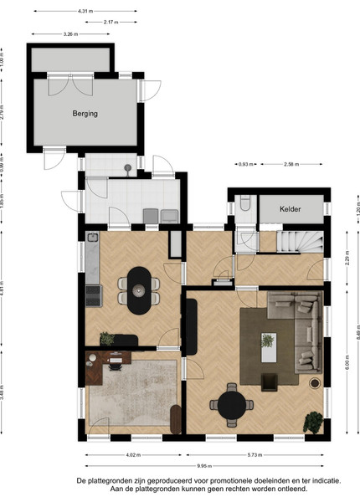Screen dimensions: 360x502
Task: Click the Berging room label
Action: [85, 113]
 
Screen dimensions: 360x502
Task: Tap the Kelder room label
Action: [291, 209]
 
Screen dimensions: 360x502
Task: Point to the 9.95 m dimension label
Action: [204, 466]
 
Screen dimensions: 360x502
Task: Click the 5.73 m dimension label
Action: [255, 454]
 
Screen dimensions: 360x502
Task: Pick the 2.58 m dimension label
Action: [291, 164]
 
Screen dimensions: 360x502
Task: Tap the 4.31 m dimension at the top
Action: [85, 11]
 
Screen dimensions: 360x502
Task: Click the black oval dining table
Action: [139, 290]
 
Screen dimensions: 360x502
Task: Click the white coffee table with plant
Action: [269, 347]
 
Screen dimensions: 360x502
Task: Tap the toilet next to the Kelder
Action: [245, 203]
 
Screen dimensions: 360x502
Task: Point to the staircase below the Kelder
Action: [300, 242]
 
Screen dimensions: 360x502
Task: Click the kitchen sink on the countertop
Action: [93, 238]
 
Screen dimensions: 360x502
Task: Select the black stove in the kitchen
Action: [94, 295]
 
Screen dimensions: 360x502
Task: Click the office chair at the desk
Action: [116, 364]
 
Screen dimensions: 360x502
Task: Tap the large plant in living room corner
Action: [313, 423]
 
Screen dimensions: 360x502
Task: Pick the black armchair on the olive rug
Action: [269, 382]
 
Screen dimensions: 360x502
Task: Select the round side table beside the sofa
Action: [315, 383]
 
